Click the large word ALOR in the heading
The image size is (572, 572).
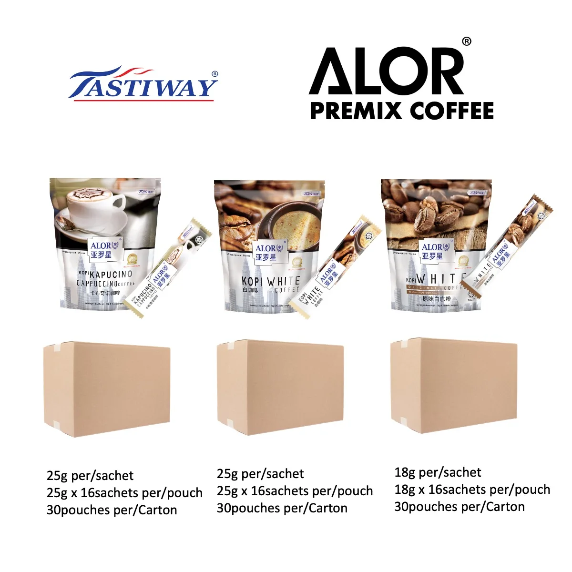point(386,71)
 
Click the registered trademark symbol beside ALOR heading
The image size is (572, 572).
point(467,42)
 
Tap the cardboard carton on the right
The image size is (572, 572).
point(453,386)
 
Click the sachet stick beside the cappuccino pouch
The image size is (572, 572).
point(162,272)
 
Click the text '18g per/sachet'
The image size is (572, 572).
point(438,472)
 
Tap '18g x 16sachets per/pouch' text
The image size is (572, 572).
point(472,490)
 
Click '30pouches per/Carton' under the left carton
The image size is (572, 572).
point(112,510)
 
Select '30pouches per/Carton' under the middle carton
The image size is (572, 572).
point(282,508)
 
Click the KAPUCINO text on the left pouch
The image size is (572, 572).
point(111,275)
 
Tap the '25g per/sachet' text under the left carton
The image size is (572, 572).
point(90,476)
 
